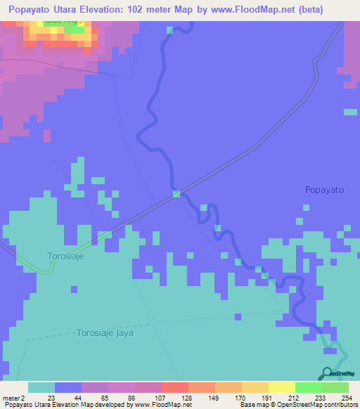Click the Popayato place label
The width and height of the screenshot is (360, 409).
(324, 190)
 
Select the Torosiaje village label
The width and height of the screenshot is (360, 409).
(66, 256)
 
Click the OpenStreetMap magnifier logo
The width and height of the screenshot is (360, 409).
(326, 373)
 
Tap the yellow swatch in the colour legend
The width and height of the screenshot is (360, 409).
(281, 387)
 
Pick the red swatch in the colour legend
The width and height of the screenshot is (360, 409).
(174, 387)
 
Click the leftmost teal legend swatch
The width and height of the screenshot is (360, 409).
(41, 387)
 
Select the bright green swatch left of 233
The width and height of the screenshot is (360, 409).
(308, 387)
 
